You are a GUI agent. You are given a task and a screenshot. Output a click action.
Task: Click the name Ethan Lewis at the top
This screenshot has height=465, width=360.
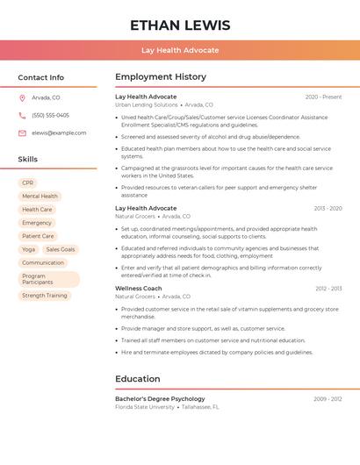click(180, 25)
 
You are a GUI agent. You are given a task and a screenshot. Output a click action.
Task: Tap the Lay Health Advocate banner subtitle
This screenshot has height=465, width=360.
click(180, 50)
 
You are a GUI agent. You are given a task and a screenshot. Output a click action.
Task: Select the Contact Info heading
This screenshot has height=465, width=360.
click(40, 77)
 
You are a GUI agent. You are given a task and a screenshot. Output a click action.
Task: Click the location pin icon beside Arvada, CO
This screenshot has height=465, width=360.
click(22, 97)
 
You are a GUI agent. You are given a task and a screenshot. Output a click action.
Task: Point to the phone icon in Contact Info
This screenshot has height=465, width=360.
click(22, 115)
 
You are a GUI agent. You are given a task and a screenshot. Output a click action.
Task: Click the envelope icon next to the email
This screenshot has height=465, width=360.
click(22, 132)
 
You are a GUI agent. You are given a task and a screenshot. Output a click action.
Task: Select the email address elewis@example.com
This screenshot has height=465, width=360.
click(59, 132)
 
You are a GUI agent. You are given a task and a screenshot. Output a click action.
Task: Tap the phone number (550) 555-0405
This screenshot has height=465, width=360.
click(50, 115)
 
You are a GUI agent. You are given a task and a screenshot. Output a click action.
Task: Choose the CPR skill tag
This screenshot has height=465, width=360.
click(27, 182)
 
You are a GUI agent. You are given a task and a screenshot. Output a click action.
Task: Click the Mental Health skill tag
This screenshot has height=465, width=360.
click(40, 196)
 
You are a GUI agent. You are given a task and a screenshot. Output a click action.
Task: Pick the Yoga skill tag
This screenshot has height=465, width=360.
click(28, 249)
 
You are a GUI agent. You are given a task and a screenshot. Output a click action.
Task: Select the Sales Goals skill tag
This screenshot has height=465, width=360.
click(61, 249)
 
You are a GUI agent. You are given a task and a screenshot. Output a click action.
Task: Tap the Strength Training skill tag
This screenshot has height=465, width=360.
click(44, 296)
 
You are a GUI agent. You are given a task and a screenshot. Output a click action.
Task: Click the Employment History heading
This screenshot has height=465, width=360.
click(161, 77)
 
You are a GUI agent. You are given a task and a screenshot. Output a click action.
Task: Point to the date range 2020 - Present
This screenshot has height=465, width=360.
click(323, 97)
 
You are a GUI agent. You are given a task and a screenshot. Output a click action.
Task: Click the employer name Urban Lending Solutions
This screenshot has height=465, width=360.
click(147, 104)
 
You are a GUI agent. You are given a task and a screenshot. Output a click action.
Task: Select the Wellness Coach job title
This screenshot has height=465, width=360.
click(139, 288)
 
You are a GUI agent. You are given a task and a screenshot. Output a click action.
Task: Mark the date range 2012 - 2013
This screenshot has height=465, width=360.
click(328, 288)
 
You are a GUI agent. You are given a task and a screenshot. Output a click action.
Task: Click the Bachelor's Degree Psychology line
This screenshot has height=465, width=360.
click(160, 398)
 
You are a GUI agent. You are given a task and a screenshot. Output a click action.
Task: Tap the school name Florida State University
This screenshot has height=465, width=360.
click(145, 406)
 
